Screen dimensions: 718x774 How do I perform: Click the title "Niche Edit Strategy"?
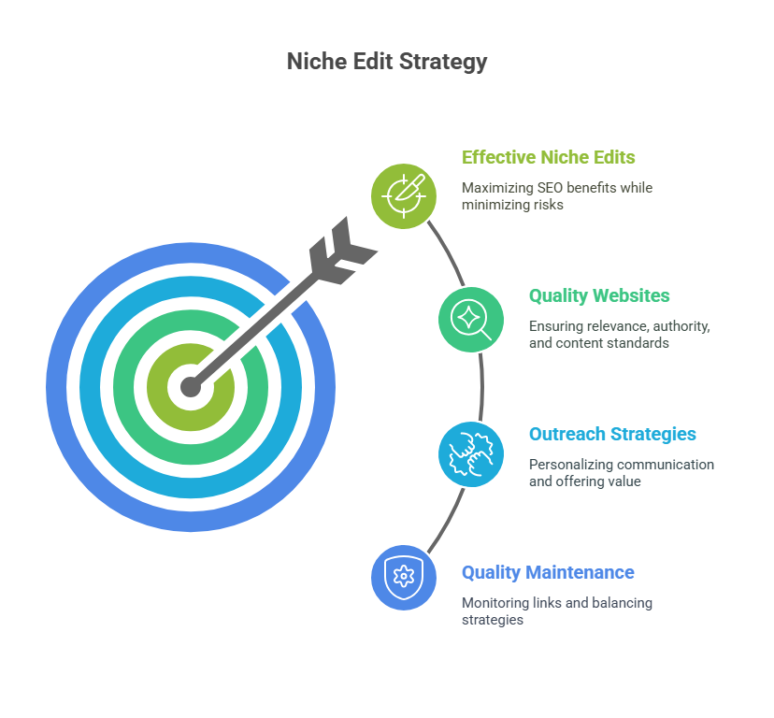tap(386, 62)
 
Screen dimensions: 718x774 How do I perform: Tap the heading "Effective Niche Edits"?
tap(549, 157)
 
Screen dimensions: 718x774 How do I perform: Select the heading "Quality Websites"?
tap(599, 295)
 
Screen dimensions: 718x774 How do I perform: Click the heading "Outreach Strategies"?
tap(612, 434)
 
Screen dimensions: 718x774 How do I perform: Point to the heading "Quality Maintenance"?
tap(548, 572)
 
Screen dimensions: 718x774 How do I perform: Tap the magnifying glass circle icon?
tap(471, 320)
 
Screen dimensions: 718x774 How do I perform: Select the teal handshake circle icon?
tap(471, 454)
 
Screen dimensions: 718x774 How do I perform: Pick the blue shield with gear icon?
tap(404, 577)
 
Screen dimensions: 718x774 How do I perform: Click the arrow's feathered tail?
tap(340, 250)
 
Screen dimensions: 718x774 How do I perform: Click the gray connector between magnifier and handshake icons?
tap(481, 387)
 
